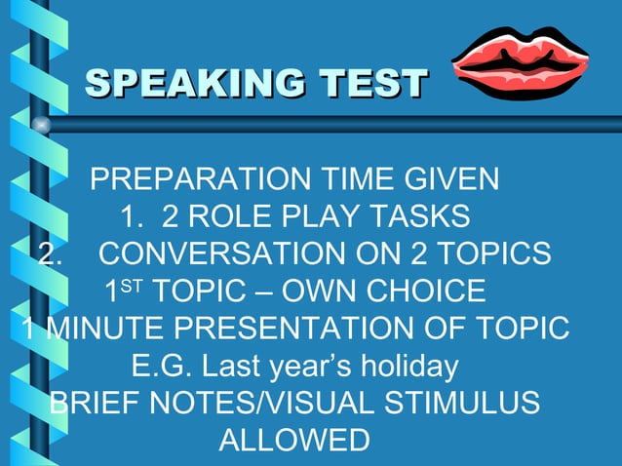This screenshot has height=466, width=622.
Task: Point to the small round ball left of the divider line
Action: [x=40, y=125]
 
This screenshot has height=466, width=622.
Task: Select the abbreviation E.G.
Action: [x=157, y=367]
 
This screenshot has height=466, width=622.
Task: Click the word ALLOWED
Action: [x=294, y=440]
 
